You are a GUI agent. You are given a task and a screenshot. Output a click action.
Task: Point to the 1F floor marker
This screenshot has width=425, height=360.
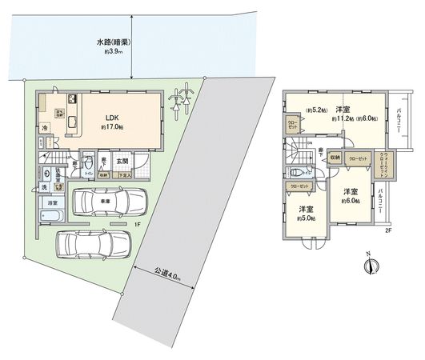[137, 225]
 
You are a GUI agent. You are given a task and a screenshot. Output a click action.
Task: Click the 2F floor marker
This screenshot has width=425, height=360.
[387, 231]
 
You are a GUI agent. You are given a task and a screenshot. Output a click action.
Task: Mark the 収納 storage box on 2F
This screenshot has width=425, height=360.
[332, 158]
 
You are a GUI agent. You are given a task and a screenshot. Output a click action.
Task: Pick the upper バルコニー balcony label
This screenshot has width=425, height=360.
[397, 122]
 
